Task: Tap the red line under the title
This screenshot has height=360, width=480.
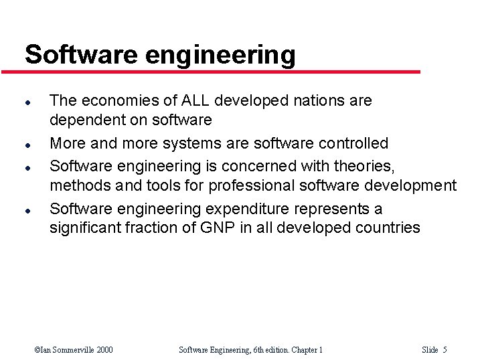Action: pyautogui.click(x=221, y=72)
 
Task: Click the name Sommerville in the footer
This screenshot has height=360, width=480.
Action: pyautogui.click(x=72, y=349)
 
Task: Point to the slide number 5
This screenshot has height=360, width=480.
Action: pyautogui.click(x=445, y=349)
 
